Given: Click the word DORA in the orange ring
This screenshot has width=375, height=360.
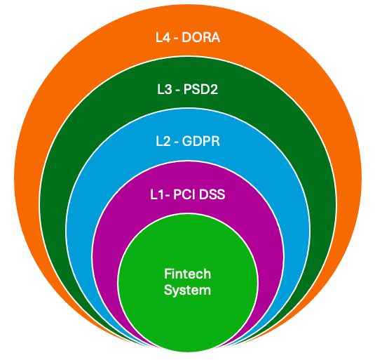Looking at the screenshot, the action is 201,38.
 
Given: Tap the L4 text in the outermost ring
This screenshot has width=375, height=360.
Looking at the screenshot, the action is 163,38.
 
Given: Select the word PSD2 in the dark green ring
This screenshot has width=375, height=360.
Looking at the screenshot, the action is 200,90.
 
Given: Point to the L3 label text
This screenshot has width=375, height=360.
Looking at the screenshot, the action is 165,90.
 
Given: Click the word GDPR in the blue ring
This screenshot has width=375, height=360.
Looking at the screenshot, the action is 201,141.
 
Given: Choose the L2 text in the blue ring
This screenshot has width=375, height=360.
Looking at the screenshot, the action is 163,141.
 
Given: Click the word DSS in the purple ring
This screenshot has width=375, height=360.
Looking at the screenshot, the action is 212,194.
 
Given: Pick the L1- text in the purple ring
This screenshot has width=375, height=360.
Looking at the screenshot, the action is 161,194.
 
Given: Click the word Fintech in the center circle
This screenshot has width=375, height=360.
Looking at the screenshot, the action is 188,274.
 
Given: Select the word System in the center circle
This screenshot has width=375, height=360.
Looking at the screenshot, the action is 188,290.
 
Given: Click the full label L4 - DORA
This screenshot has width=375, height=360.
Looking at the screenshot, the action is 188,38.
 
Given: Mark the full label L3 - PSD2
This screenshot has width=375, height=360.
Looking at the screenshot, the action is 188,90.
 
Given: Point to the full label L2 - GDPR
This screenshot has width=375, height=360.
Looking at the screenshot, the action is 188,141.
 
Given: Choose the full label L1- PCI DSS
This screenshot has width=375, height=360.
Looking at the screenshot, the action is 188,194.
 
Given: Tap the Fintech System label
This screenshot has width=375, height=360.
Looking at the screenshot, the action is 188,282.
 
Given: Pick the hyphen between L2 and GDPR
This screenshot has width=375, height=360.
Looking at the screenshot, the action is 177,142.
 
